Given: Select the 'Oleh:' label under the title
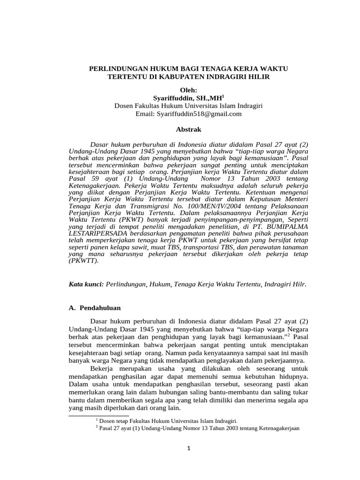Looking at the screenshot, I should point(189,90).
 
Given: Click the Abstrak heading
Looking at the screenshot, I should point(189,129).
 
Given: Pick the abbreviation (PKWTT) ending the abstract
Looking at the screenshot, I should point(83,261).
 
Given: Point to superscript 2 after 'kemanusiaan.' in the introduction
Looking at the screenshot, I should point(288,335).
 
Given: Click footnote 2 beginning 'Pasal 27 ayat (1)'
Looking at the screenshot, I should point(197,428).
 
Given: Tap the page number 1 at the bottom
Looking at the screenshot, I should point(189,448).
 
